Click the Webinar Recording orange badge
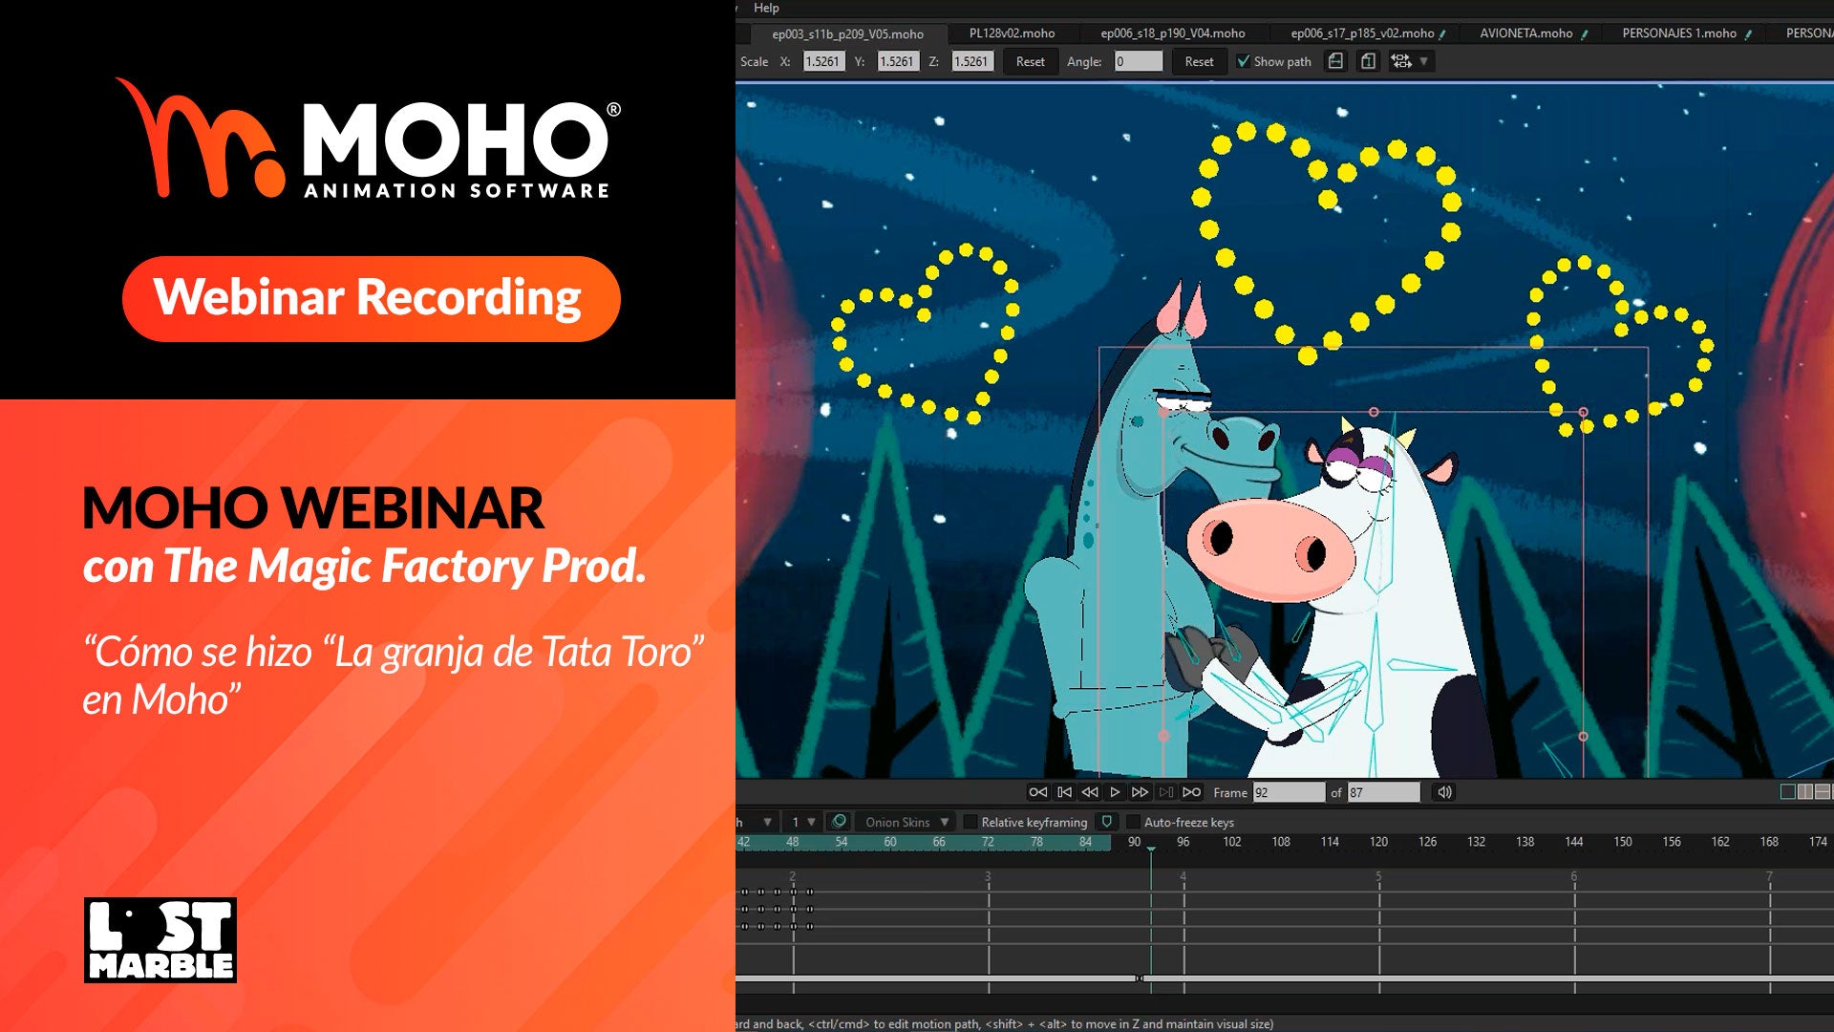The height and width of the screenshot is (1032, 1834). (x=371, y=298)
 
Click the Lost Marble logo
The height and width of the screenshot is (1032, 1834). (x=160, y=940)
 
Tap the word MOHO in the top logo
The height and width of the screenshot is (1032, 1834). (x=455, y=138)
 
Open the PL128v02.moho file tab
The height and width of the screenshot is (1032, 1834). (x=1012, y=33)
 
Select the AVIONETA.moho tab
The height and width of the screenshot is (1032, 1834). (x=1525, y=33)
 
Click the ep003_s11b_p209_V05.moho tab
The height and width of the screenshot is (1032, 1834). (x=847, y=34)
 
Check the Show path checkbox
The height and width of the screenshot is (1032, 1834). (x=1243, y=61)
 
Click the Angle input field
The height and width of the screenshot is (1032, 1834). (x=1139, y=61)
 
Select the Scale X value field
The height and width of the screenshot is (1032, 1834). (x=823, y=61)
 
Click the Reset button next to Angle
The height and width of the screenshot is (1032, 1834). (x=1199, y=61)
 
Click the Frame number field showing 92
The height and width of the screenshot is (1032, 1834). (x=1289, y=792)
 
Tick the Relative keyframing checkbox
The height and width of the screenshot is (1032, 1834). (x=970, y=822)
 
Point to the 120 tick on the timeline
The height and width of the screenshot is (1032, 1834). (x=1378, y=842)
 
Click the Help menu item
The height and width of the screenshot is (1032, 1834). (x=766, y=8)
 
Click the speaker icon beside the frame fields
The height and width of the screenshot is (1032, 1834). (x=1444, y=792)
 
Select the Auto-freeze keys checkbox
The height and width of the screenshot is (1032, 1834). (x=1134, y=822)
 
